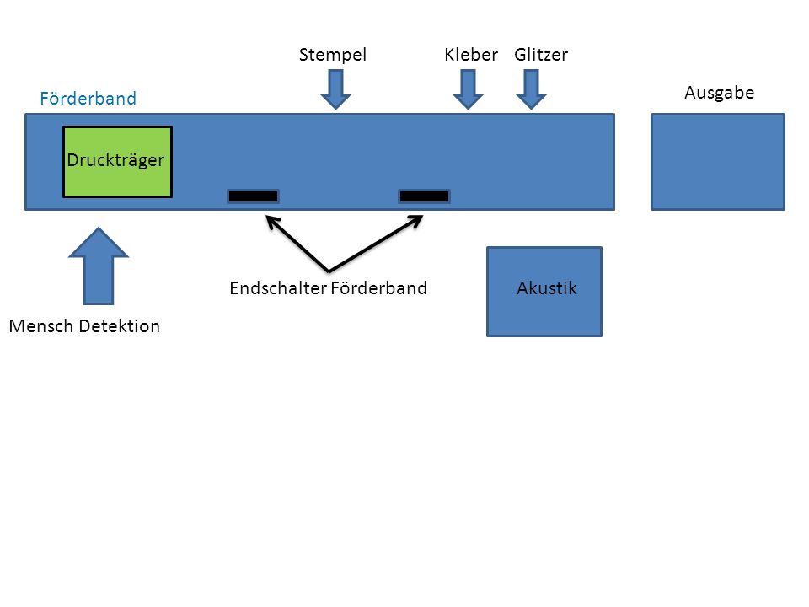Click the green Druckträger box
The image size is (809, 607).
[x=118, y=162]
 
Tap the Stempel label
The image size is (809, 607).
[x=333, y=55]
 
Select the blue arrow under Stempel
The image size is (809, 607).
[x=336, y=89]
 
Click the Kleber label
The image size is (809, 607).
[x=471, y=54]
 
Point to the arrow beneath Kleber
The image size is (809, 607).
[x=468, y=89]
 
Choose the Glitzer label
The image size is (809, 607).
[x=541, y=54]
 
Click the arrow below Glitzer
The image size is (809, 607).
[x=531, y=89]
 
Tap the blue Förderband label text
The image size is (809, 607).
[x=88, y=98]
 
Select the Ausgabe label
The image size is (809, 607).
[x=719, y=93]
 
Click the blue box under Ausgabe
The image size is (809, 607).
[x=718, y=162]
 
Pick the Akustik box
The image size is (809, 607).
[x=544, y=292]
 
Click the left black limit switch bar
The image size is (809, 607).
[x=254, y=196]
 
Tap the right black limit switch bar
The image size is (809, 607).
[x=424, y=196]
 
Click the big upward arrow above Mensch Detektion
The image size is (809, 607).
[x=99, y=266]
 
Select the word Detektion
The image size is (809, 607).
[x=120, y=326]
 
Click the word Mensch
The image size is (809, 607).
[x=42, y=326]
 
